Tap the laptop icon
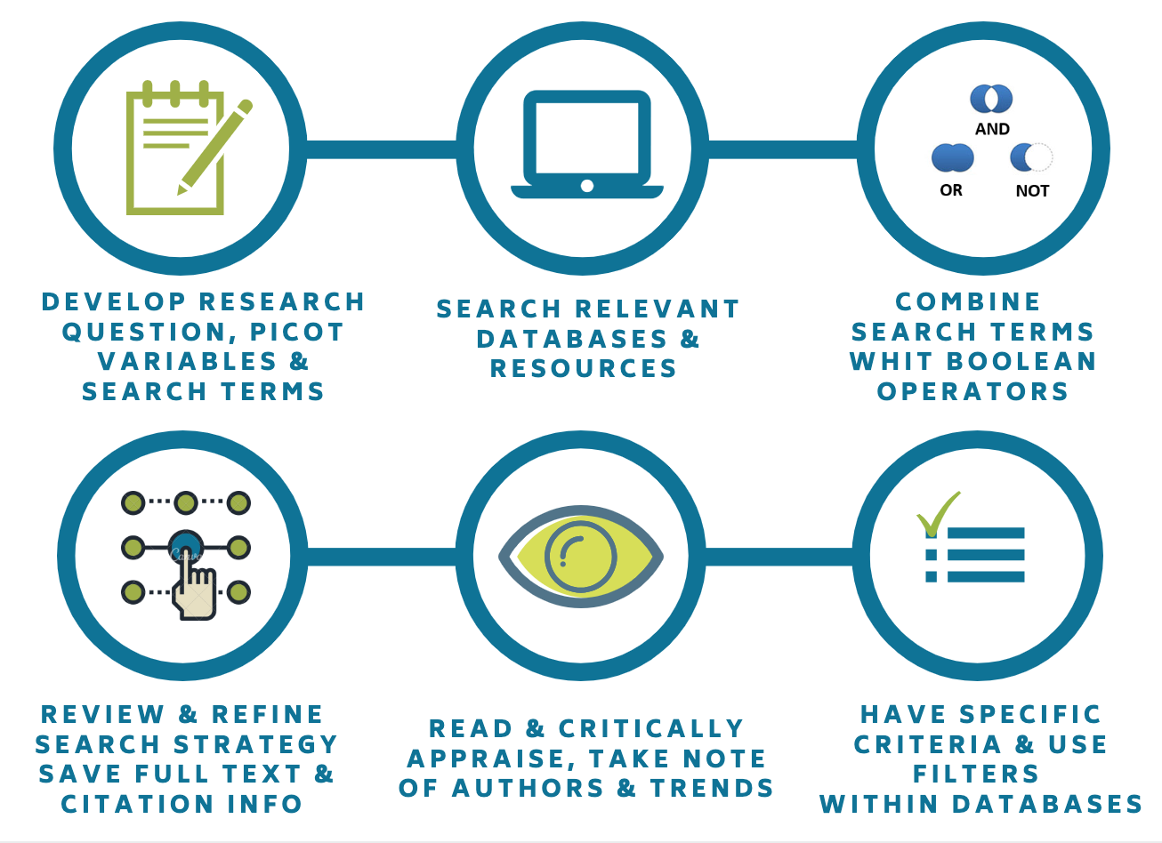coord(586,144)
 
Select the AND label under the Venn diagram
coord(992,129)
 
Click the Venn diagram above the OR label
coord(952,158)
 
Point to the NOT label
coord(1032,190)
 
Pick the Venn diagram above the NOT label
coord(1031,157)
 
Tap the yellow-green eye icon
coord(581,556)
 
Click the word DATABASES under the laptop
coord(572,339)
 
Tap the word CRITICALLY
coord(651,728)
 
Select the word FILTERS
coord(976,774)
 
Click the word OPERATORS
coord(972,391)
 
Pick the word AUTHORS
coord(534,788)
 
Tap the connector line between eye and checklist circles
coord(779,557)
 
